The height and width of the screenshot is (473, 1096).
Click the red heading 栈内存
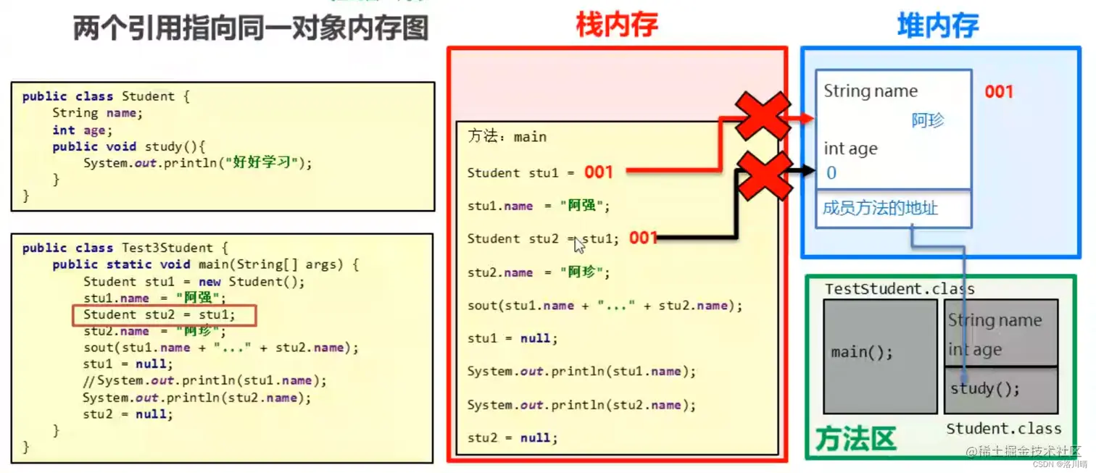[x=616, y=25]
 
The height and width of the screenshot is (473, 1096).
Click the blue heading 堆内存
[x=938, y=26]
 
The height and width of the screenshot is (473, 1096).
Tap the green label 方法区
[x=855, y=438]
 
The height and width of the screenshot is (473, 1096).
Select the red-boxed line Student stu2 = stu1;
[x=164, y=315]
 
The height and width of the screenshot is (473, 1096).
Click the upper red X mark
[x=763, y=115]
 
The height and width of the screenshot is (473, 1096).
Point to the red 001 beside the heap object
[x=998, y=92]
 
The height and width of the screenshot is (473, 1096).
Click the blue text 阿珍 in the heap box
[x=928, y=120]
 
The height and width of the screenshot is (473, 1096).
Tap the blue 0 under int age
[x=831, y=173]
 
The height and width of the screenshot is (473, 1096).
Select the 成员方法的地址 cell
[x=881, y=209]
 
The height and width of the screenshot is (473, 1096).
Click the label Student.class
[x=1003, y=429]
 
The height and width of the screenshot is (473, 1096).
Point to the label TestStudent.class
[x=900, y=289]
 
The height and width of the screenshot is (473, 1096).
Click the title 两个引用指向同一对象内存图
[x=251, y=29]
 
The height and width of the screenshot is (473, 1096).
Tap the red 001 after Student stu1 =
[x=599, y=172]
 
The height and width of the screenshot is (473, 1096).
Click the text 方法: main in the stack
[x=507, y=137]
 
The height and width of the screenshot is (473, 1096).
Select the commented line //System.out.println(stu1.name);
[x=204, y=381]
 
